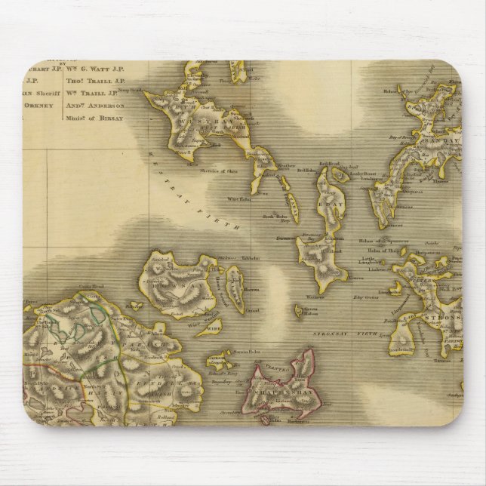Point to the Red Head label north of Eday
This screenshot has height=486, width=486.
click(x=324, y=161)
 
